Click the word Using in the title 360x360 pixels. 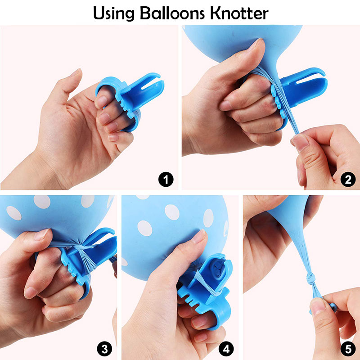click(114, 14)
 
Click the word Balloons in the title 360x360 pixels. click(172, 13)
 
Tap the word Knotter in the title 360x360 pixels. click(239, 13)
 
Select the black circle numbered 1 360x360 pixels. click(166, 179)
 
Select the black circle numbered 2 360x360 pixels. click(348, 179)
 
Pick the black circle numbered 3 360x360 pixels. click(104, 349)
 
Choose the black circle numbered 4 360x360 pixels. click(226, 349)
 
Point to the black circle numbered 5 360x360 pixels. click(348, 349)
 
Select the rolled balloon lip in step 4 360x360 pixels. click(218, 268)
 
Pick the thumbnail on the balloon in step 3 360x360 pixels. click(41, 234)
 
